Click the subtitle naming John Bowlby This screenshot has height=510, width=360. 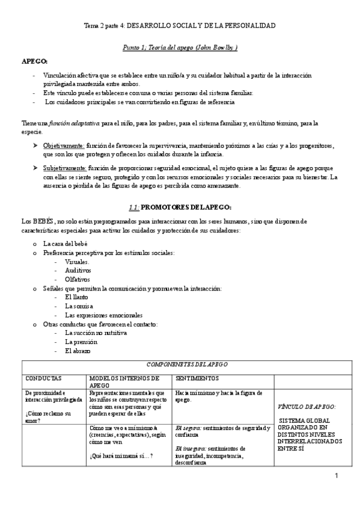180,48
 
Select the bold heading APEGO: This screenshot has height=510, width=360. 35,62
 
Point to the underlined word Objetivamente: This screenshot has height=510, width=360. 64,146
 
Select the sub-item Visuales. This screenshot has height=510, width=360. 77,262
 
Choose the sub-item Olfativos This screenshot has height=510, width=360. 78,280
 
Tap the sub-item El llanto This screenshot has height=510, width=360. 76,297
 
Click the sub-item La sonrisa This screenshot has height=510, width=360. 78,306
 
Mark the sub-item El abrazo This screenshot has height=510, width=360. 78,350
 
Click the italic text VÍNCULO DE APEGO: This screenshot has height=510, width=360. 307,407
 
